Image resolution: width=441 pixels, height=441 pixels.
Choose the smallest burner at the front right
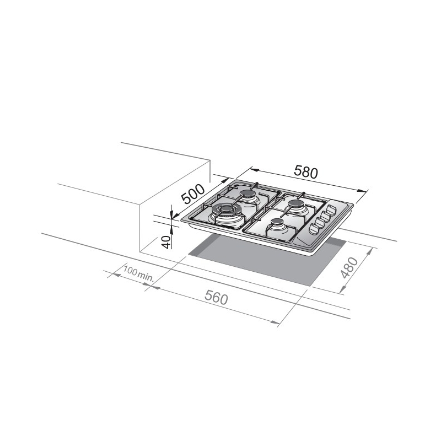point(277,224)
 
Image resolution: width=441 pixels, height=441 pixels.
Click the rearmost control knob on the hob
point(332,210)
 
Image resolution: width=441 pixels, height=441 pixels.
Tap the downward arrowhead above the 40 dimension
point(171,213)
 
